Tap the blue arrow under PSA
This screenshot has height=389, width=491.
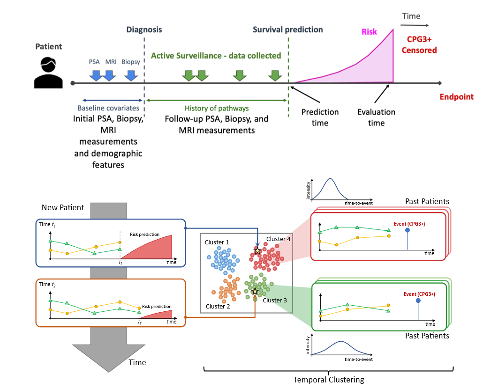click(96, 75)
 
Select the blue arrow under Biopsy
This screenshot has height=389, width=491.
click(131, 75)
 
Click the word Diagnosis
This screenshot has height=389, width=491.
click(144, 29)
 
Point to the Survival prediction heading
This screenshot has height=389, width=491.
click(287, 29)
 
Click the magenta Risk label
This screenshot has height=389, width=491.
click(370, 32)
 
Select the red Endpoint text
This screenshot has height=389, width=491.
click(456, 97)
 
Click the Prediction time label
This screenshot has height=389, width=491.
click(320, 117)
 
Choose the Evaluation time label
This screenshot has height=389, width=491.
click(376, 117)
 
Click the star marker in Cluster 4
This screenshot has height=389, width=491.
click(257, 251)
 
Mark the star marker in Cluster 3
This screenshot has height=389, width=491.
click(255, 292)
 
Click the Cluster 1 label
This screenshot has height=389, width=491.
click(217, 242)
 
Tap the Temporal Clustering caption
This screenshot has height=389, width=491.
click(328, 380)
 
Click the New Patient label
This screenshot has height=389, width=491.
click(63, 207)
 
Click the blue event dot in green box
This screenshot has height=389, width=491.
click(418, 303)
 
